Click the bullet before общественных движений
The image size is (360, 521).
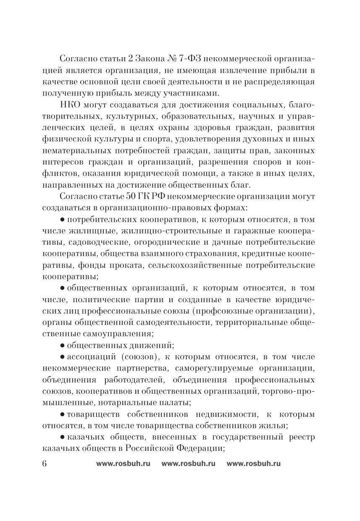pos(62,346)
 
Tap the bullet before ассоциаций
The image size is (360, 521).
pos(62,357)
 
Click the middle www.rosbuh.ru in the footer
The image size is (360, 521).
pos(188,463)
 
